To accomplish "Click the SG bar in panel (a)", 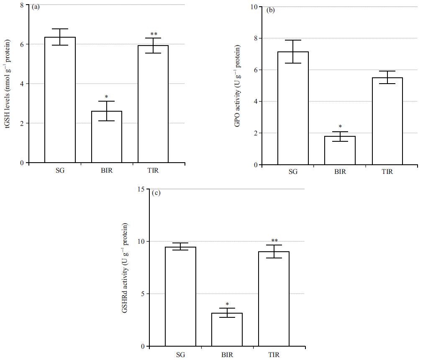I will (x=60, y=100).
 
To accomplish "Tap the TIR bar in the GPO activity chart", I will (x=387, y=121).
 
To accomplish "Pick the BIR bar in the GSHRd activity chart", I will (x=227, y=330).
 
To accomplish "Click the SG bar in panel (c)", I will (x=181, y=297).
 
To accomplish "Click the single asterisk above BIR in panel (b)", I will (x=340, y=126).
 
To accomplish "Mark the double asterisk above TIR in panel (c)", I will (x=274, y=241).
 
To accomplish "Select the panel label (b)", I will (x=271, y=10).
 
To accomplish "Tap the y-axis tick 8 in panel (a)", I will (x=21, y=5).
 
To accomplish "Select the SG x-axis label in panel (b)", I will (x=293, y=172).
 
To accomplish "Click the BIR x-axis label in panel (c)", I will (x=227, y=355).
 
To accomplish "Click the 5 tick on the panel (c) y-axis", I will (x=143, y=294).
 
